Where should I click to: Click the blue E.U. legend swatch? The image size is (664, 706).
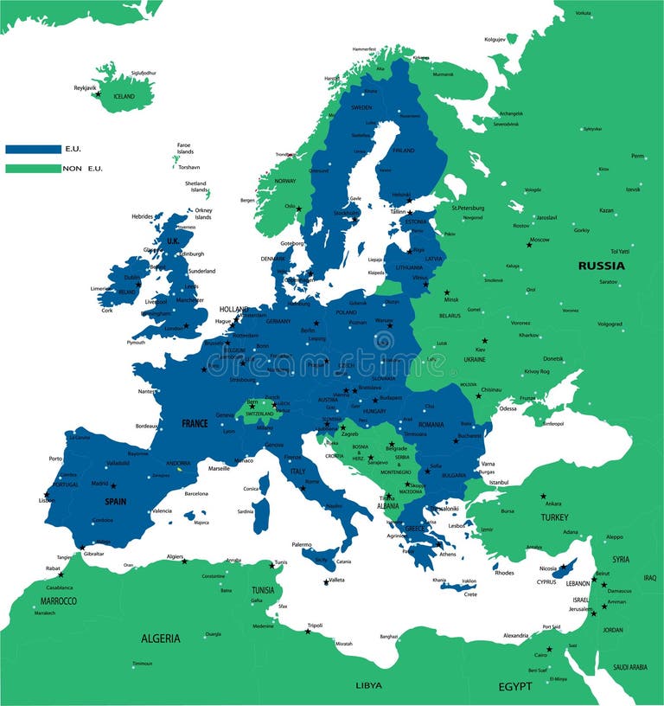point(33,149)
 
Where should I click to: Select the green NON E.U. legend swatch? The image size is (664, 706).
point(33,168)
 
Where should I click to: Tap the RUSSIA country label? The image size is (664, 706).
point(601,266)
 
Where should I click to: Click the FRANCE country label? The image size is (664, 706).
point(195,424)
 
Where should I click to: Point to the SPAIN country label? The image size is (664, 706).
point(116,501)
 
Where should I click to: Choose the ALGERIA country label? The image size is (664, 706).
point(161,639)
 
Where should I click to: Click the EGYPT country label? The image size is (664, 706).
point(514,686)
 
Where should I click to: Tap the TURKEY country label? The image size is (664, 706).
point(554,517)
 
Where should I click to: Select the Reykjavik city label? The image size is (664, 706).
point(86,87)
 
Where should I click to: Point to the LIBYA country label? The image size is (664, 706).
point(368,685)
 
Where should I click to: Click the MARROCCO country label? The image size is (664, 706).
point(58,600)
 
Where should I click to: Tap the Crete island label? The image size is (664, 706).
point(470,594)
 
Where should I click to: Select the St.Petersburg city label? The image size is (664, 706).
point(468,208)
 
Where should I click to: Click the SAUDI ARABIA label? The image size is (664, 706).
point(629,667)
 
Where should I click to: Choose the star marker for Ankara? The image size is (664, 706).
point(543,497)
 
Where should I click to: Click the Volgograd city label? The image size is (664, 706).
point(610,324)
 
